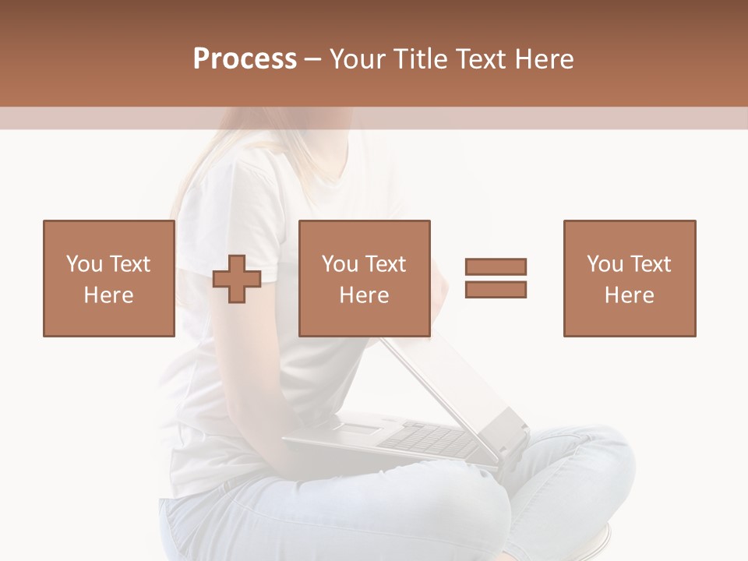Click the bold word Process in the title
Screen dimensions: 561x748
[245, 59]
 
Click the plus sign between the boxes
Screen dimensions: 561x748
[237, 279]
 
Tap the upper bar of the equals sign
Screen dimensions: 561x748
[496, 266]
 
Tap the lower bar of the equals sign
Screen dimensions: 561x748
[496, 289]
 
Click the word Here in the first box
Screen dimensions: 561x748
[108, 295]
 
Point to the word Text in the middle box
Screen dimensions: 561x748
[386, 264]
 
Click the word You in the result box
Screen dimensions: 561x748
[605, 264]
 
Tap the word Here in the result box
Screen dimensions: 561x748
[629, 295]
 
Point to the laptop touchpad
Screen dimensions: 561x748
[358, 429]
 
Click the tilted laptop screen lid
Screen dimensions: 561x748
[460, 390]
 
